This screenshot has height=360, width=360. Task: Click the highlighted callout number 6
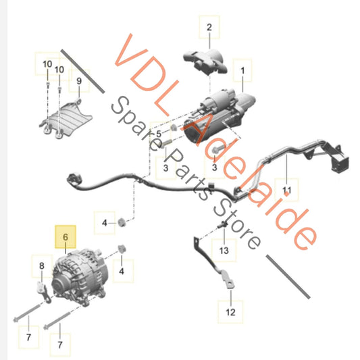(66, 237)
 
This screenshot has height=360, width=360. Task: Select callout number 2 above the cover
(209, 27)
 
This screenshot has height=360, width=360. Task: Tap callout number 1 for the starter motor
(242, 71)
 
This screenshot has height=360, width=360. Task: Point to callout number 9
(79, 81)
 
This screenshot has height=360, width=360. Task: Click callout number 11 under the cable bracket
(287, 190)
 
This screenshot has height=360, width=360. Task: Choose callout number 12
(230, 312)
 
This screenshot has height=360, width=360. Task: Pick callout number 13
(224, 251)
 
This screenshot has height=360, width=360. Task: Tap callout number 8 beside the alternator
(42, 266)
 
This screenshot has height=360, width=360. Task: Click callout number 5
(159, 134)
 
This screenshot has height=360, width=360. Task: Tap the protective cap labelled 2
(205, 61)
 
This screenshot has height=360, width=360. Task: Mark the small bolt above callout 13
(222, 225)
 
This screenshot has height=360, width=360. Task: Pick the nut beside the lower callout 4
(122, 249)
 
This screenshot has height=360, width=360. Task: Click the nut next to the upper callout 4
(122, 222)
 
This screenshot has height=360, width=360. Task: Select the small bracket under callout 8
(44, 292)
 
